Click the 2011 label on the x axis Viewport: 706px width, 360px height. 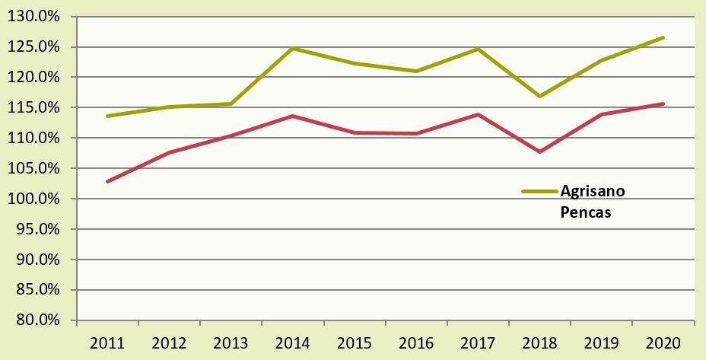(107, 343)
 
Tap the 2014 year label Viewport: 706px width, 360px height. (293, 343)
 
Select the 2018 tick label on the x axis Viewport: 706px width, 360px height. (540, 343)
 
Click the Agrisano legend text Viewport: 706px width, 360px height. (592, 191)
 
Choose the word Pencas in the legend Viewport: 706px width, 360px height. (585, 212)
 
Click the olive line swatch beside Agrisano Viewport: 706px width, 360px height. (539, 192)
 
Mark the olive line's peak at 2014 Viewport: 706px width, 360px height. (293, 48)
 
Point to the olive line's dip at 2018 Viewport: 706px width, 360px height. (540, 96)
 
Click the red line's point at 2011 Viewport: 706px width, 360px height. (107, 181)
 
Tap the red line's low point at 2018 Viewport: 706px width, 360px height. (540, 151)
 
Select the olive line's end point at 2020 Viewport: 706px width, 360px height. (663, 37)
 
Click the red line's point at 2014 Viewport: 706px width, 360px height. (293, 116)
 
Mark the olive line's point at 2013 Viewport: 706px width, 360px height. (231, 104)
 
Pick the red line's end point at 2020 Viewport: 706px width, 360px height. (663, 104)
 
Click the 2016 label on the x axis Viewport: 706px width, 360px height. (416, 343)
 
